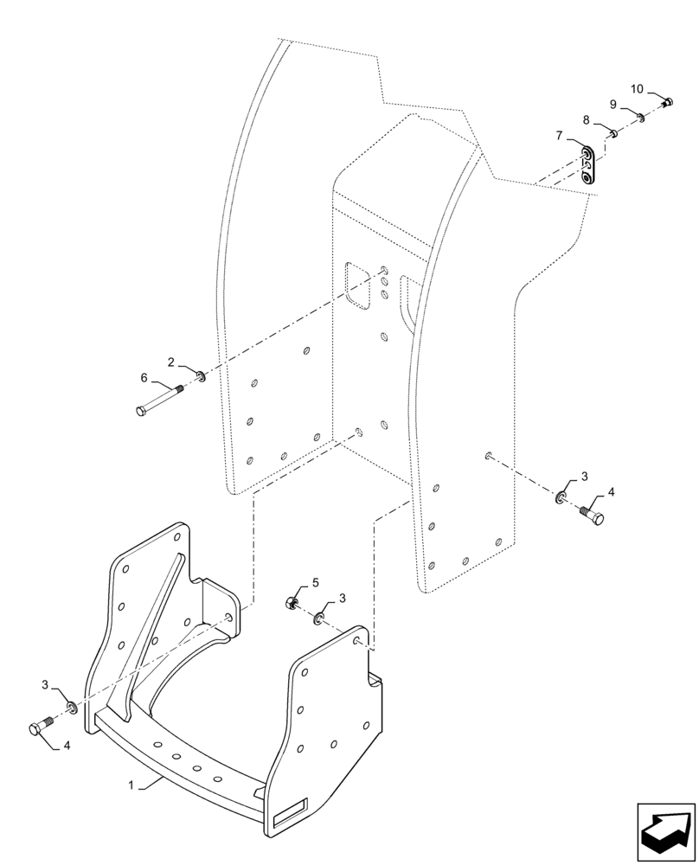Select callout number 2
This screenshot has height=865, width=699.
171,361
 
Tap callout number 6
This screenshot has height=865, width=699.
144,377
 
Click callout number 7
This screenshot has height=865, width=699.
560,136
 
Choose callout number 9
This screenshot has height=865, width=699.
612,104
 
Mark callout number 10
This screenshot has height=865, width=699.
637,89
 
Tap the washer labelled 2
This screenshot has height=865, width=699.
201,375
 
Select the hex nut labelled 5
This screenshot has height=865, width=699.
292,603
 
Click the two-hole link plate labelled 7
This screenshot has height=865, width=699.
587,164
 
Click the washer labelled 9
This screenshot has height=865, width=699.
639,117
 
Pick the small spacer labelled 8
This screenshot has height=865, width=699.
612,133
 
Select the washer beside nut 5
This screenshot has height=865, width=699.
319,618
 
